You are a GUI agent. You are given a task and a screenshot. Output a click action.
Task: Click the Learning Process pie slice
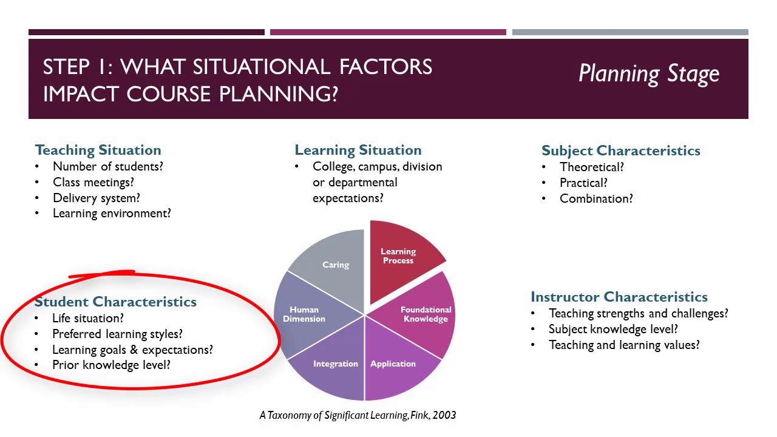[x=401, y=258]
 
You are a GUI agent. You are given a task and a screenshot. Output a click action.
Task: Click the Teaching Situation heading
[x=98, y=150]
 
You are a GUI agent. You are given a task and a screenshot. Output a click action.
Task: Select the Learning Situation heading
[x=358, y=150]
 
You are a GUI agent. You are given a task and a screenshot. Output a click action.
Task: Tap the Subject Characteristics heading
[x=620, y=151]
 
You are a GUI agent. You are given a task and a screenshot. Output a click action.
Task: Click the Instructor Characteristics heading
[x=619, y=297]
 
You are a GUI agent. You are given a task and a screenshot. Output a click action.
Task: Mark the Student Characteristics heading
[x=115, y=302]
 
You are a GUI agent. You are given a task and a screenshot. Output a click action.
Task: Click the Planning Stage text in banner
[x=648, y=74]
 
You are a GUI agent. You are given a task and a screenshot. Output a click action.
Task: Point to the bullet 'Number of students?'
[x=107, y=166]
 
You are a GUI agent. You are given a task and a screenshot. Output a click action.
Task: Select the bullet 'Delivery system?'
[x=96, y=198]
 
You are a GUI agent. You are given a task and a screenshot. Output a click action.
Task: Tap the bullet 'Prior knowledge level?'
[x=111, y=365]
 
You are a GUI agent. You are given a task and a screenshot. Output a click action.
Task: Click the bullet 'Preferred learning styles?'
[x=117, y=334]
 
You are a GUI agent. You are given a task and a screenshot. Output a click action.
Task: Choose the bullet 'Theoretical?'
[x=591, y=167]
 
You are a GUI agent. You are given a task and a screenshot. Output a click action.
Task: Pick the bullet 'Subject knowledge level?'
[x=613, y=329]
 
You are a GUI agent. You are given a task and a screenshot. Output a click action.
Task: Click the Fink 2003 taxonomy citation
[x=357, y=415]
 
